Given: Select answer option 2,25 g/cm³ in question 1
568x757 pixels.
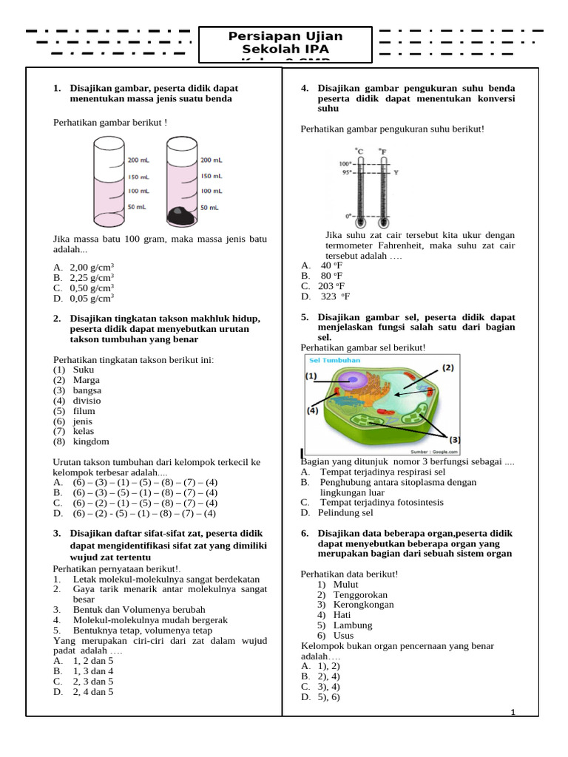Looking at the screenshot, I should (x=91, y=278).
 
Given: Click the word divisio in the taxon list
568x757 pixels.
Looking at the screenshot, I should (x=87, y=400).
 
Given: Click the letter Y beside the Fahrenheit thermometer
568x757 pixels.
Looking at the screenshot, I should (x=396, y=173).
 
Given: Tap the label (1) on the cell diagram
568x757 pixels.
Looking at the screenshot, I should (x=311, y=376).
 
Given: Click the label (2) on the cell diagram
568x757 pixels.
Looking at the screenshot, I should (x=448, y=367).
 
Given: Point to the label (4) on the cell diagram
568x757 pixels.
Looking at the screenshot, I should (x=312, y=410).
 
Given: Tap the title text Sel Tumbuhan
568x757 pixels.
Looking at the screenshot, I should (x=335, y=360).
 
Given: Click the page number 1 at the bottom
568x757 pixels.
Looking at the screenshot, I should (x=513, y=712).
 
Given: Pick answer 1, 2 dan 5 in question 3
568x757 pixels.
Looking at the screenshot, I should (x=92, y=660).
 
